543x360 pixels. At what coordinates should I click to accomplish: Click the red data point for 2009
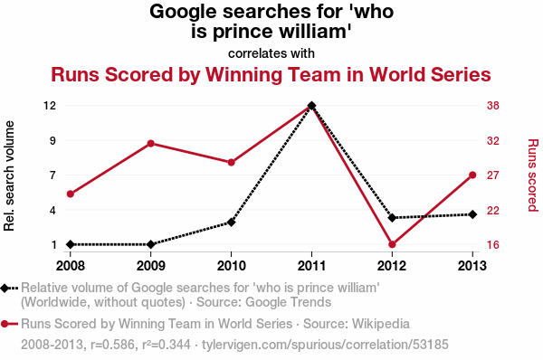150,144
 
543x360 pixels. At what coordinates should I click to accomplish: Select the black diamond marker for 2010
232,223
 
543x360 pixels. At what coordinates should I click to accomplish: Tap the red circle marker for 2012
392,244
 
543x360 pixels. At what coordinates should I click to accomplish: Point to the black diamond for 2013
472,214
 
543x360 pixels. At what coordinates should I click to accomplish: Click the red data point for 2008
71,194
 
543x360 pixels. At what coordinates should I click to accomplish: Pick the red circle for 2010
232,162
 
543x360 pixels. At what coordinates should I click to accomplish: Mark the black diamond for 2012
392,218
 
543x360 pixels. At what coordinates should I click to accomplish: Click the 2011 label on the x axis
311,266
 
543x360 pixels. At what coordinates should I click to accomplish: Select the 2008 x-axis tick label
71,266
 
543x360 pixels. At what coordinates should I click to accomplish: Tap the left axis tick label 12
50,105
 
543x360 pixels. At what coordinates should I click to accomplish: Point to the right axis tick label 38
493,105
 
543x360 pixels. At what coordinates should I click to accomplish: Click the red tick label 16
493,245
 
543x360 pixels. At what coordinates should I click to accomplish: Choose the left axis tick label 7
52,175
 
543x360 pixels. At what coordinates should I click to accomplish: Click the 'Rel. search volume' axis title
9,175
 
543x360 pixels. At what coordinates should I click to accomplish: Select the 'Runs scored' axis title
533,175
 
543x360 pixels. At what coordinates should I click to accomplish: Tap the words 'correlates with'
271,53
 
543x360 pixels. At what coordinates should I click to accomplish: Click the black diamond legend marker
5,288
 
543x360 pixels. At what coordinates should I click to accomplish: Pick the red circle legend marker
5,324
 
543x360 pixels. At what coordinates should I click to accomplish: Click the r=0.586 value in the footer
112,345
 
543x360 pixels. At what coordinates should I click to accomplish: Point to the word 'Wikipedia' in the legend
381,324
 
